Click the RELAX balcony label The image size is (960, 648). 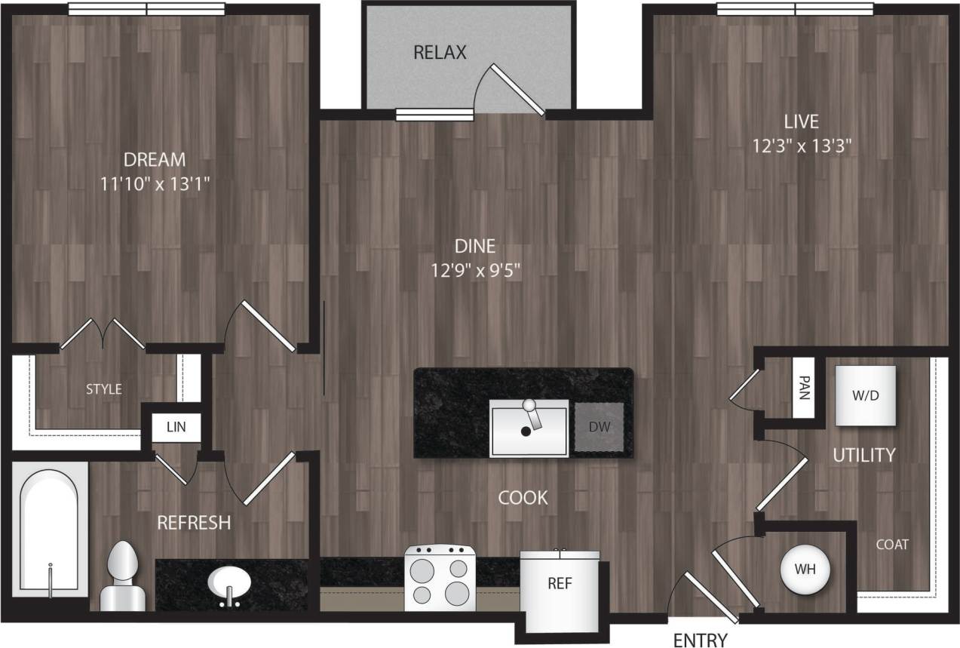point(440,53)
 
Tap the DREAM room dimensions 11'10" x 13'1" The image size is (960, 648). point(155,183)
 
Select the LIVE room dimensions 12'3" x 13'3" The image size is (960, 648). point(802,146)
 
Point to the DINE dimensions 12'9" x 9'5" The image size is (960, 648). point(475,270)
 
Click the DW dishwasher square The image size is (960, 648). point(600,427)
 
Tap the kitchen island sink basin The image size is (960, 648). point(529,431)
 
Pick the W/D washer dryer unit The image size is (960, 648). point(865,395)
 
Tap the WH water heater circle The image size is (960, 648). point(804,568)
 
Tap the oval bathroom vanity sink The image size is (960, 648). point(231,582)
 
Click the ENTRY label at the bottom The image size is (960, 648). point(700,640)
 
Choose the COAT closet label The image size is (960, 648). point(892,544)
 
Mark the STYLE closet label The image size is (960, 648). point(103,389)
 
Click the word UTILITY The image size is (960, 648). point(864,455)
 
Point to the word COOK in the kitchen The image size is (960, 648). point(523,498)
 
